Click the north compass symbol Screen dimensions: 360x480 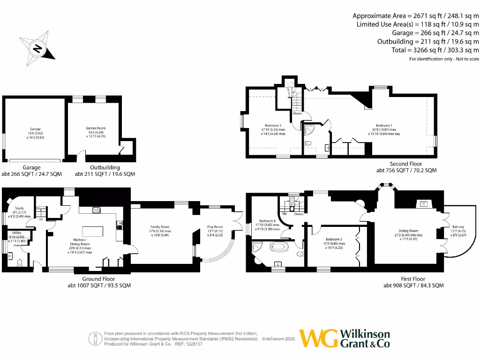[37, 48]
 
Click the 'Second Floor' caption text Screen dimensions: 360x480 [406, 164]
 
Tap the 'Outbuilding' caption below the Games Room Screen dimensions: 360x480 [105, 167]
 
